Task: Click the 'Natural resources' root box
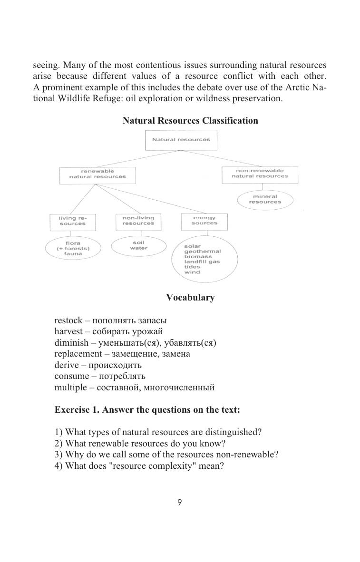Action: click(x=181, y=140)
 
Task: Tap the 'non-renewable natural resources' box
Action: click(x=260, y=174)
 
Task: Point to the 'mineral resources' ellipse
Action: click(x=265, y=199)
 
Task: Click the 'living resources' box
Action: click(x=73, y=221)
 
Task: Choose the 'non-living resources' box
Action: click(x=138, y=221)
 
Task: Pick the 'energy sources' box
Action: click(x=204, y=221)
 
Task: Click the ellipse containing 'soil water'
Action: click(x=138, y=245)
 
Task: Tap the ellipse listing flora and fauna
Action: click(x=73, y=249)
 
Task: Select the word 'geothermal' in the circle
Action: click(x=202, y=252)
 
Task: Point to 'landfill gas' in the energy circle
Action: click(x=202, y=262)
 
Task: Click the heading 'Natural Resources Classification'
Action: click(x=190, y=121)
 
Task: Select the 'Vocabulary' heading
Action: click(x=190, y=298)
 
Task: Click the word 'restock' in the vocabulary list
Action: click(x=68, y=320)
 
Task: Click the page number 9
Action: click(x=180, y=503)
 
